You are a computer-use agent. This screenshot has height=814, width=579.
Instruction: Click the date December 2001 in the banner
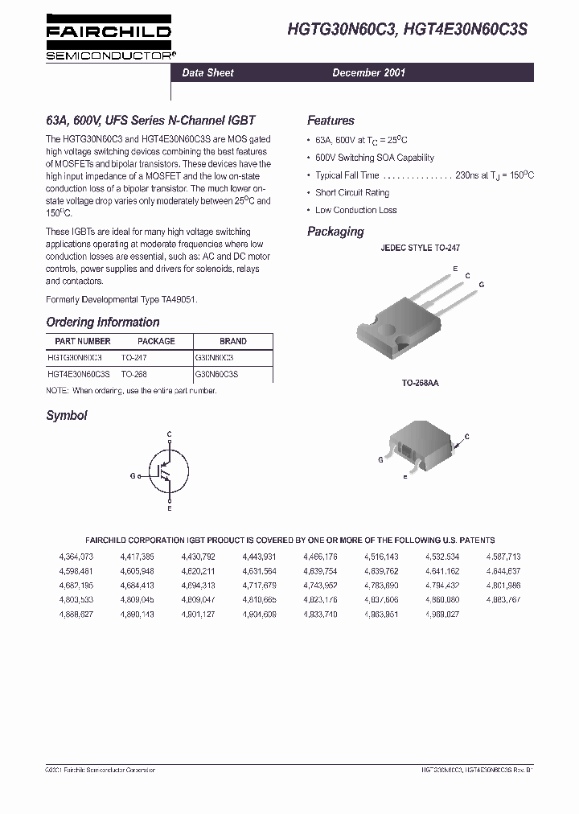click(369, 72)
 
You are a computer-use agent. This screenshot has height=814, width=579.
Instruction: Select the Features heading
click(331, 121)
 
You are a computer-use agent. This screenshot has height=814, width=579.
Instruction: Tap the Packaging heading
click(335, 232)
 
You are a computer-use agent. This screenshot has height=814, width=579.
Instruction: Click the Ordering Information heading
click(103, 323)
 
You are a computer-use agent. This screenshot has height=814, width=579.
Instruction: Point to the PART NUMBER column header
click(79, 341)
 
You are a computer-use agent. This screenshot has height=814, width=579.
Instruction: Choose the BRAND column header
click(233, 341)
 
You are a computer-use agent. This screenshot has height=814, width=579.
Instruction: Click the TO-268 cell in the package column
click(134, 374)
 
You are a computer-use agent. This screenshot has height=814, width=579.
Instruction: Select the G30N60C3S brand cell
click(217, 374)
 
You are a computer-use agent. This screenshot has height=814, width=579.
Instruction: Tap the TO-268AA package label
click(420, 384)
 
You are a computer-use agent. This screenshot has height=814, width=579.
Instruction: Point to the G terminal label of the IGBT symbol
click(132, 475)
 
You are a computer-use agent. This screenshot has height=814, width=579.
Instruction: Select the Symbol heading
click(67, 416)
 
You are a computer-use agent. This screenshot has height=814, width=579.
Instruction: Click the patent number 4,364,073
click(76, 557)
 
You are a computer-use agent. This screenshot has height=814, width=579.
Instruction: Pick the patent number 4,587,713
click(503, 557)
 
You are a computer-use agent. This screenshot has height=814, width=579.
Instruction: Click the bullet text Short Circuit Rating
click(352, 193)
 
